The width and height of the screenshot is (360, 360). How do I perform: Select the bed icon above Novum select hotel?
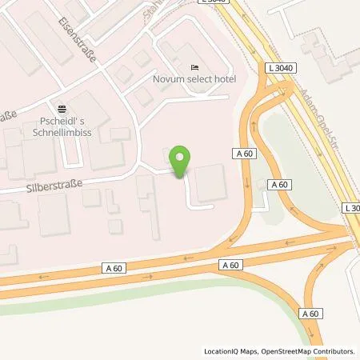(192, 67)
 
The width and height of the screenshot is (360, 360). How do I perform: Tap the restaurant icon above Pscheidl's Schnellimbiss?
(62, 108)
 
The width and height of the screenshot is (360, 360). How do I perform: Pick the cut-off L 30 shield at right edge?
(351, 208)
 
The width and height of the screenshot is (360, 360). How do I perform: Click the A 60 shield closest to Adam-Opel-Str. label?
(279, 185)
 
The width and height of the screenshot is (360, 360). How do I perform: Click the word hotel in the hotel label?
(218, 81)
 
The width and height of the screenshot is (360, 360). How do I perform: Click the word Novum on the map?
(168, 81)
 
